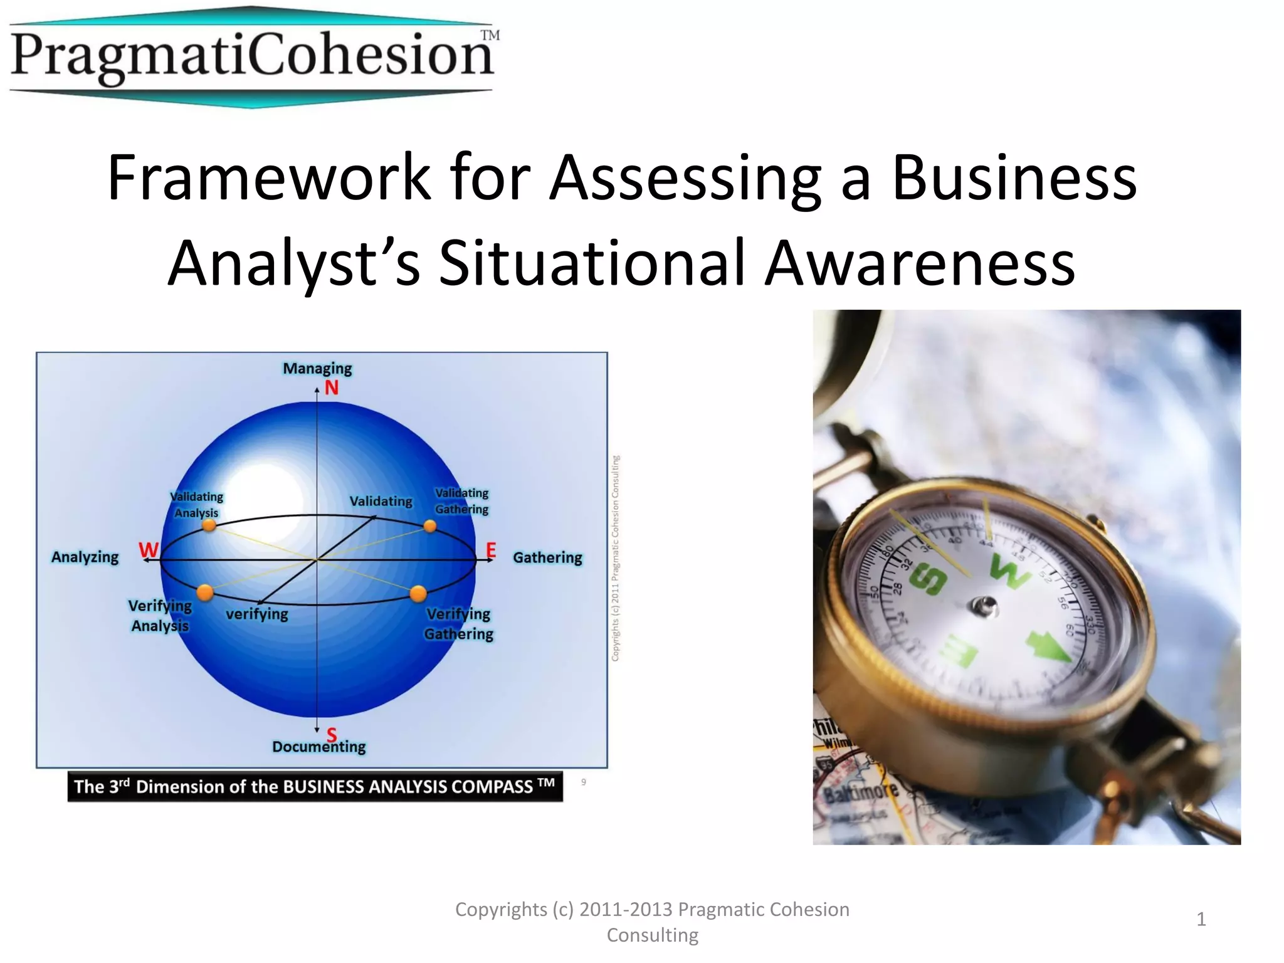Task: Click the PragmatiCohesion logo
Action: point(254,56)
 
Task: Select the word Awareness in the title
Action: point(920,263)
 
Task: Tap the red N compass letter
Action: point(332,388)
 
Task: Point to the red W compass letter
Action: point(149,550)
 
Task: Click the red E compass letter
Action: point(491,550)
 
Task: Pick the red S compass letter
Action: point(332,734)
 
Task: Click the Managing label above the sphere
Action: point(317,368)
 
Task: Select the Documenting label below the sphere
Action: point(318,747)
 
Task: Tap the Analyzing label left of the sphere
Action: point(85,557)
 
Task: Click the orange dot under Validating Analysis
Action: point(209,525)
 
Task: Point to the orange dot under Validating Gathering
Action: point(430,526)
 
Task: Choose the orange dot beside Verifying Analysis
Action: point(205,592)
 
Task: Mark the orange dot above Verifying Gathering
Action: point(418,593)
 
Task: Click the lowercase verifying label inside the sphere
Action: point(256,614)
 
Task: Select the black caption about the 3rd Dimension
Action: point(315,786)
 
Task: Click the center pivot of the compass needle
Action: point(982,606)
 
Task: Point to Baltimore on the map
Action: point(860,794)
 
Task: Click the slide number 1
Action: point(1201,920)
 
